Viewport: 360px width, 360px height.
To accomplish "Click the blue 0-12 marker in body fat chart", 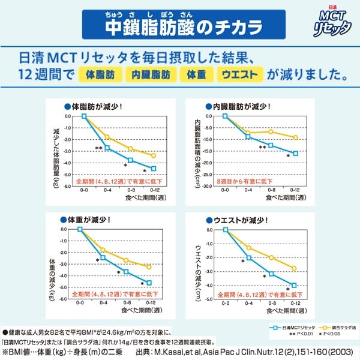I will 154,169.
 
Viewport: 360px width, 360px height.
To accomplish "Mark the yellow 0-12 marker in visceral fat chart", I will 295,137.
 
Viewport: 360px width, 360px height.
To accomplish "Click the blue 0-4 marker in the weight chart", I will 103,258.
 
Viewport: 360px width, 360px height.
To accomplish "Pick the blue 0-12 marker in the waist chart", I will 294,286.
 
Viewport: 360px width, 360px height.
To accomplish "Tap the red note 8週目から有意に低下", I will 244,181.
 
